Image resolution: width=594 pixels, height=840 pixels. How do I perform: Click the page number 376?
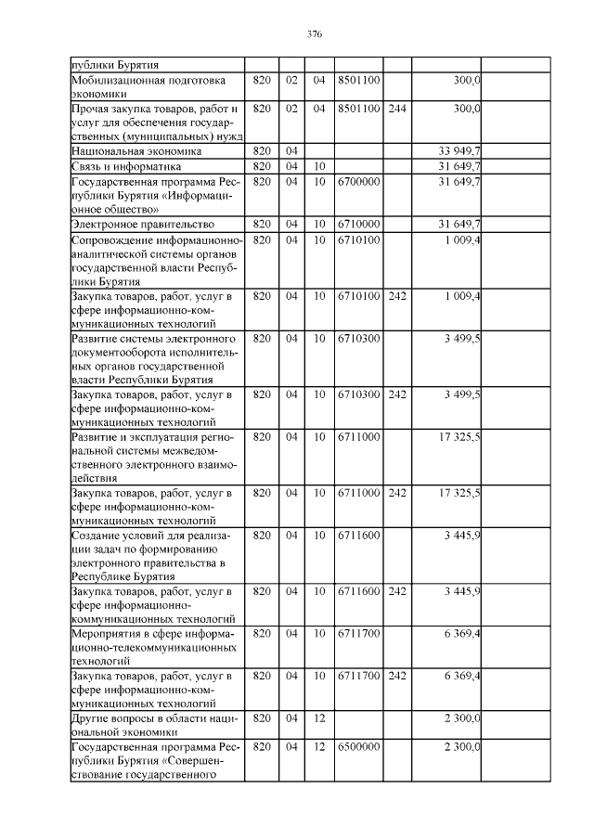[314, 34]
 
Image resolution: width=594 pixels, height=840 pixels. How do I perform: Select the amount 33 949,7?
[458, 150]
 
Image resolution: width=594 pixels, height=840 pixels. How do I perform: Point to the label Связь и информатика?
[126, 166]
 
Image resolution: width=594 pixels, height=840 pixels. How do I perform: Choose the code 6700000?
[358, 182]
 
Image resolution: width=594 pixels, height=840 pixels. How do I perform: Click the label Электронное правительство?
[143, 225]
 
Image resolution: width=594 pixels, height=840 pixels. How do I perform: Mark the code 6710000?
[358, 225]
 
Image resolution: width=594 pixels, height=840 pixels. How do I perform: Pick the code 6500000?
[358, 746]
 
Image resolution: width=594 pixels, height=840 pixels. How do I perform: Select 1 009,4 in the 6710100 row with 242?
[458, 296]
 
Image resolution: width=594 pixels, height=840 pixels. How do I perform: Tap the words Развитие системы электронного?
[153, 339]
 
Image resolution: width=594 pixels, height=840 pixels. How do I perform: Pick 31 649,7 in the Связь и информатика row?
[458, 166]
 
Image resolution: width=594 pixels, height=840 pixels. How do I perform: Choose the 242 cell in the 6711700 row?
[397, 676]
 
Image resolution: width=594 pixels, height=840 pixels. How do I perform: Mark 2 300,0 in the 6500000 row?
[458, 746]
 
